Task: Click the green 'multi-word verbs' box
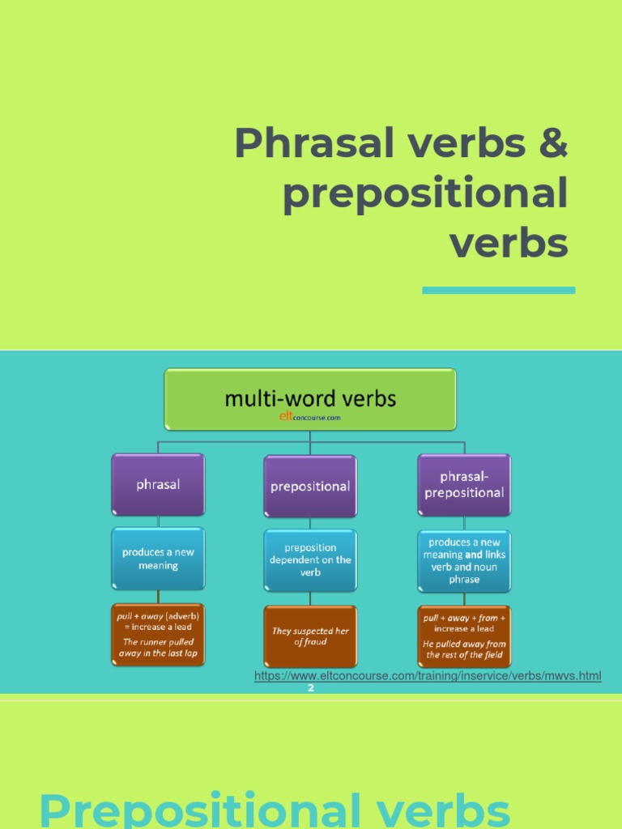pos(310,398)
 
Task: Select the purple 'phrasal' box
pos(158,484)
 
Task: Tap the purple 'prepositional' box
pos(310,486)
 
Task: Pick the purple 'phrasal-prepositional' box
pos(463,484)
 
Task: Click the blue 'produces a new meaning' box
pos(158,559)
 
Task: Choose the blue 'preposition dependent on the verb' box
pos(310,560)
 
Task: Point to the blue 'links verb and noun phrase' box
pos(463,560)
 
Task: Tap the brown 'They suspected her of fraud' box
pos(310,636)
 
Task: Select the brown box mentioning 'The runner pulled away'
pos(158,635)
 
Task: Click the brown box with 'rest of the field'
pos(463,636)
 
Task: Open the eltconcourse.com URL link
pos(428,676)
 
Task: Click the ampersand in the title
pos(552,144)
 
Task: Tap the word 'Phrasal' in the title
pos(299,144)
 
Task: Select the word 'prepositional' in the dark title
pos(425,194)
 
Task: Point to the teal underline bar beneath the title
pos(498,290)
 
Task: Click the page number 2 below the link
pos(310,688)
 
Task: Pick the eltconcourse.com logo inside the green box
pos(310,418)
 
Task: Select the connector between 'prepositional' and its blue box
pos(310,523)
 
